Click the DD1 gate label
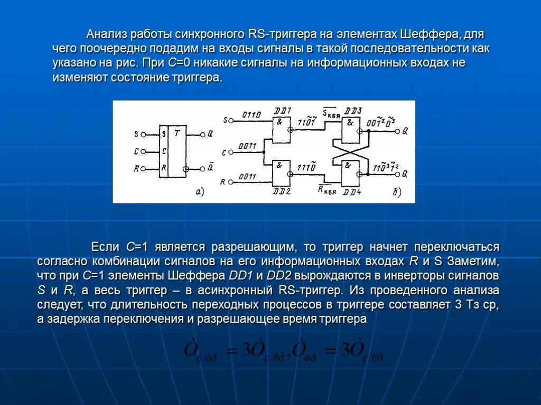[x=283, y=110]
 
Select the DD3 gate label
[x=352, y=111]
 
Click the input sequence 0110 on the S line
[x=251, y=115]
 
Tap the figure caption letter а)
[x=200, y=192]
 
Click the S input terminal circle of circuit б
[x=230, y=120]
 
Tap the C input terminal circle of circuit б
[x=230, y=152]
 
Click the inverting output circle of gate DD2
[x=290, y=174]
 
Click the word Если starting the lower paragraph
[x=107, y=247]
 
